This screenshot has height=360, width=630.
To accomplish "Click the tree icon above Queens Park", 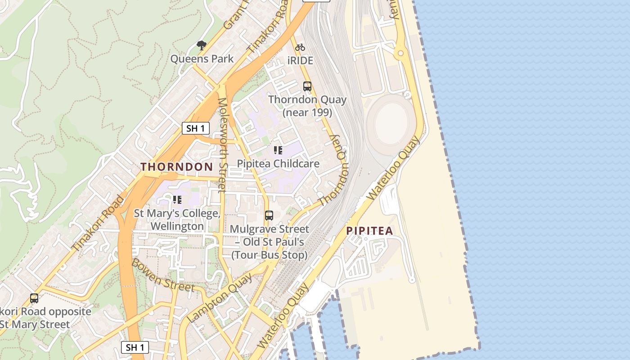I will (x=202, y=45).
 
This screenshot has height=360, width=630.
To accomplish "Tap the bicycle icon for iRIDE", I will (x=300, y=47).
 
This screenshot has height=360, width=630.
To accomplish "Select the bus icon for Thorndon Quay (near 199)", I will (x=307, y=86).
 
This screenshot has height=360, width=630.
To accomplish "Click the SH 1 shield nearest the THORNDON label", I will (x=196, y=128).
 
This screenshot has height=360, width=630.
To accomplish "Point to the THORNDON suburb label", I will (x=177, y=166).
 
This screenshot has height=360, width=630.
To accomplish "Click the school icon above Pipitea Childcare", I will (x=278, y=150).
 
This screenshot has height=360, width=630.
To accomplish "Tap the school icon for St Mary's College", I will (x=177, y=199).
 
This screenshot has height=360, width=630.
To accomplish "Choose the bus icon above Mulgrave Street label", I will (x=269, y=216).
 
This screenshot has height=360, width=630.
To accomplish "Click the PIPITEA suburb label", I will (x=369, y=231).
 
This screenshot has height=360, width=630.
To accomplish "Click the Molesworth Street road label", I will (x=222, y=145).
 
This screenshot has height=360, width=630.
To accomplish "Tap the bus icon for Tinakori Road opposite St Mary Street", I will (x=34, y=298).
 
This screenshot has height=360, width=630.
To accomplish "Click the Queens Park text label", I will (x=202, y=59).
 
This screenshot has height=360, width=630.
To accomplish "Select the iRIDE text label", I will (x=300, y=60).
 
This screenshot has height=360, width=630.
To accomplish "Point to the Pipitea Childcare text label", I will (x=278, y=163).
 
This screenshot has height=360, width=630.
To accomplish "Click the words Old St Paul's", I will (x=274, y=242).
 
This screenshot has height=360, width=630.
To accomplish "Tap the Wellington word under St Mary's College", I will (x=177, y=226).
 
